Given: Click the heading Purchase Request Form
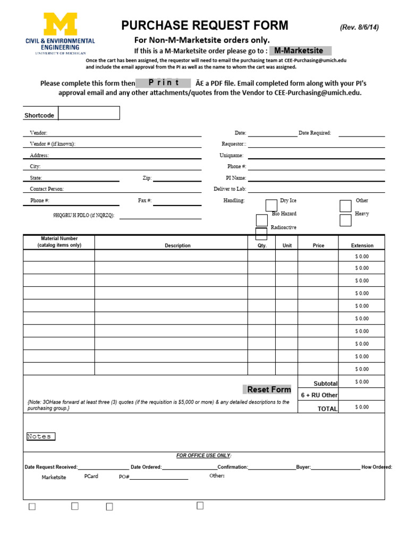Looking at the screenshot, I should (x=205, y=25).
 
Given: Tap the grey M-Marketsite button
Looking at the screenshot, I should (x=300, y=50).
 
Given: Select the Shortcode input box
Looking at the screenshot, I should (x=89, y=113).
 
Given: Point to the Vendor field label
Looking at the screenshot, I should (x=38, y=133).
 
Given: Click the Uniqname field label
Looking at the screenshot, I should (x=232, y=156).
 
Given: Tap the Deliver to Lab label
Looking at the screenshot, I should (x=229, y=189).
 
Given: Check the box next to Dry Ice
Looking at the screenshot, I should (x=271, y=206).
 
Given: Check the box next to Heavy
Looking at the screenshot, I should (x=345, y=220).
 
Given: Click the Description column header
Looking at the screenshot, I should (x=177, y=245).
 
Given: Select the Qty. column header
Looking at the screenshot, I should (x=262, y=245).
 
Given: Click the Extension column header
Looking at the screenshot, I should (x=362, y=245).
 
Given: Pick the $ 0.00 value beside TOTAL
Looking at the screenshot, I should (x=362, y=407).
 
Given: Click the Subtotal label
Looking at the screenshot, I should (x=325, y=384).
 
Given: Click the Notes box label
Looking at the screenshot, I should (x=40, y=437).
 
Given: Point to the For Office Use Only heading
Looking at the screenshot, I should (x=204, y=456).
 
